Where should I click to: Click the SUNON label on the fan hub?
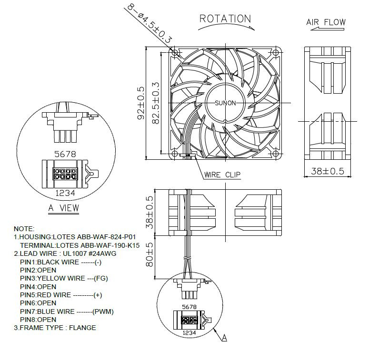pos(225,103)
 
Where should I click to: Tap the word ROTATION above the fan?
pos(225,19)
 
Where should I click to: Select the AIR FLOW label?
pos(326,22)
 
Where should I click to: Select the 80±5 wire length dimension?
pos(150,254)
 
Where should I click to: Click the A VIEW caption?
pos(63,208)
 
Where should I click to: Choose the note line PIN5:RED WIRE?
pos(61,295)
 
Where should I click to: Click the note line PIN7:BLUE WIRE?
pos(67,311)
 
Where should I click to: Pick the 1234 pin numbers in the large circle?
pos(63,193)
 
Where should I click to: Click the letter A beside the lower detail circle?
pos(224,338)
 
